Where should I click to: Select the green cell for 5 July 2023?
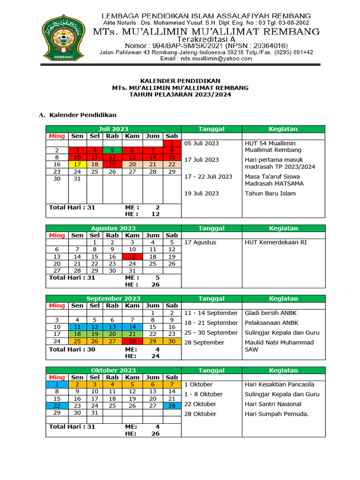[112, 150]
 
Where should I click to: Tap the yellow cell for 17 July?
[77, 164]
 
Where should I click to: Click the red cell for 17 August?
[132, 256]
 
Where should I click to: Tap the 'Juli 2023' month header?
[113, 129]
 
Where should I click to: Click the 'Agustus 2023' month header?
[113, 228]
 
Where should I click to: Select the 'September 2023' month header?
[113, 298]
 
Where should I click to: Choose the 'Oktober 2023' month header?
[113, 370]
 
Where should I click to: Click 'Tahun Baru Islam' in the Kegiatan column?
[270, 193]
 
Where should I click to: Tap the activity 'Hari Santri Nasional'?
[273, 404]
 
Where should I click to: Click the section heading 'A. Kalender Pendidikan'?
[77, 114]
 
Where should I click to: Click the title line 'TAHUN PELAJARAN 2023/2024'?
[180, 94]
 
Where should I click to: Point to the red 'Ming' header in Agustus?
[57, 235]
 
